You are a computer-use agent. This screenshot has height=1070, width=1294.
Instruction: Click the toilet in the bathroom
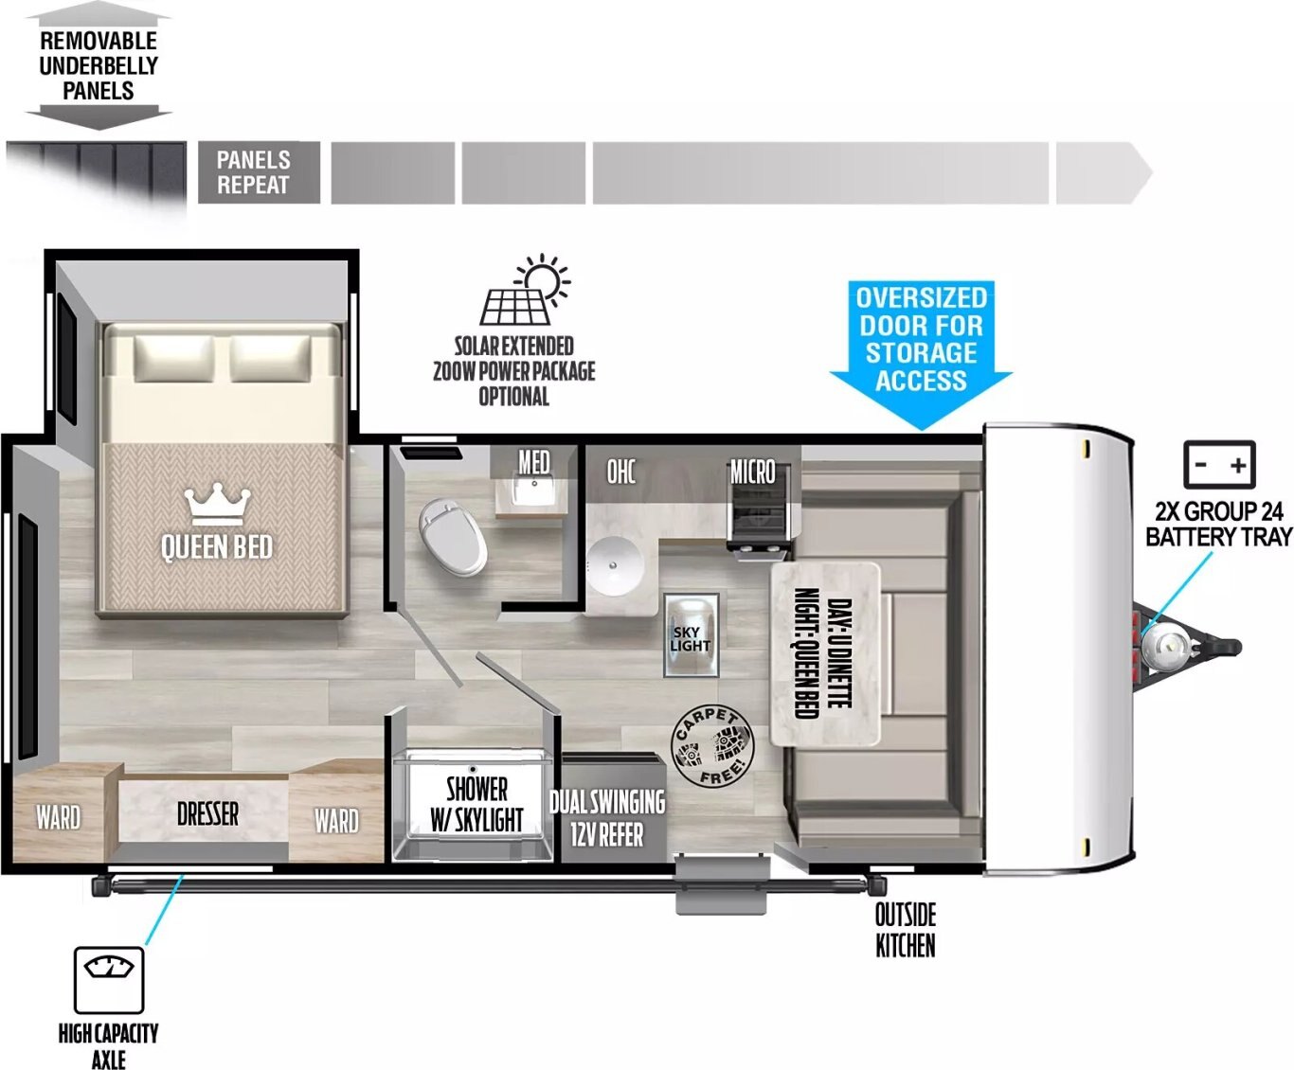click(x=453, y=537)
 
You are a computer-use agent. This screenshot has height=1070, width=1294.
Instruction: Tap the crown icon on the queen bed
click(x=218, y=507)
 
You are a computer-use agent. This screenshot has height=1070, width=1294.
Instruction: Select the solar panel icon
click(x=524, y=290)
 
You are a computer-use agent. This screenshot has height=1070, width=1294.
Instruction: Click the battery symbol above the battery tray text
click(x=1219, y=465)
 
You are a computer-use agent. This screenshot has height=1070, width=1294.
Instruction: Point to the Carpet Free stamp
click(x=712, y=745)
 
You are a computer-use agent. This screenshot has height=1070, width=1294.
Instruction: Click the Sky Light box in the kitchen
click(x=691, y=634)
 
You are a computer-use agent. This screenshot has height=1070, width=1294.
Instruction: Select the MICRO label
click(x=752, y=473)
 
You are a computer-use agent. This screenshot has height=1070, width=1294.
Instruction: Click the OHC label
click(x=621, y=473)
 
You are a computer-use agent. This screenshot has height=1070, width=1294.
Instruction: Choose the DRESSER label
click(x=207, y=813)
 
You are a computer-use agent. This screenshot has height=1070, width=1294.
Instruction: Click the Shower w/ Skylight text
click(x=476, y=804)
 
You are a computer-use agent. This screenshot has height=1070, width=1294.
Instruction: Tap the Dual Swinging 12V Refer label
click(x=607, y=818)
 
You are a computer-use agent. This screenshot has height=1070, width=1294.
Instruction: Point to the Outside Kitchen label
click(x=905, y=930)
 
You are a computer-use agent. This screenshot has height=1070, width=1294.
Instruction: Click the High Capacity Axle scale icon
click(x=109, y=979)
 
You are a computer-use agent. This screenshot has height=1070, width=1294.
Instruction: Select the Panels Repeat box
click(x=259, y=172)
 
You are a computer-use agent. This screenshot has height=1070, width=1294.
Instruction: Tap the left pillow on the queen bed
click(x=174, y=359)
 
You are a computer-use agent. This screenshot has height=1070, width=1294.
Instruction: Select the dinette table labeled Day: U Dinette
click(x=825, y=654)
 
